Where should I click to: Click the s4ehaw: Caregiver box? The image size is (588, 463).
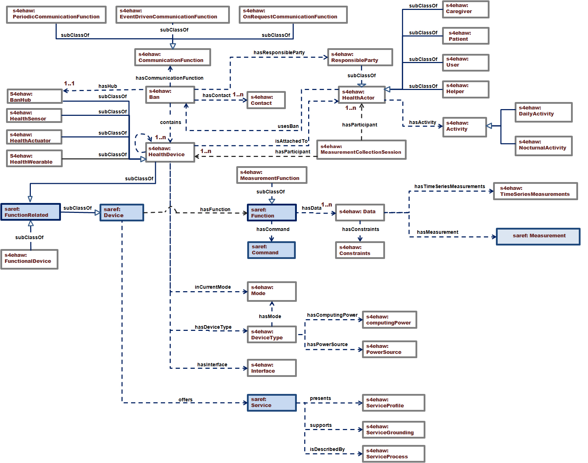pos(465,9)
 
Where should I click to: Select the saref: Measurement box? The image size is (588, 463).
pos(538,236)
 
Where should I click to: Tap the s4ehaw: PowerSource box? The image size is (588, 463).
pos(389,349)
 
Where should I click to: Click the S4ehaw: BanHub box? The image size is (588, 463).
pos(35,96)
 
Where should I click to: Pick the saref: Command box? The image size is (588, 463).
pos(271,250)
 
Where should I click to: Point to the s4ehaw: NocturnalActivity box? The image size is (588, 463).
pos(543,146)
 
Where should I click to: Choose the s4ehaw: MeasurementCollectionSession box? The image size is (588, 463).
pos(361,149)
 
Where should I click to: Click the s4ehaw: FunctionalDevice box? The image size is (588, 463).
pos(29,259)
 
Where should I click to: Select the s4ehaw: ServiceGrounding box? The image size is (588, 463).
pos(393,430)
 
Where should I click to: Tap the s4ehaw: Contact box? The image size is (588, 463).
pos(266,100)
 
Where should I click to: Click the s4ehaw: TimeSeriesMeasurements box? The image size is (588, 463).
pos(535,191)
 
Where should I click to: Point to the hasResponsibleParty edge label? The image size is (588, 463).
pos(279,52)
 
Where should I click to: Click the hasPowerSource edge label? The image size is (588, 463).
pos(327,344)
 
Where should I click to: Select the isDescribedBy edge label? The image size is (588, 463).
pos(327,449)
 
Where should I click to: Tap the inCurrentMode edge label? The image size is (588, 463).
pos(213,287)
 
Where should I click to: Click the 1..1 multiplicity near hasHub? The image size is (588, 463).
pos(69,83)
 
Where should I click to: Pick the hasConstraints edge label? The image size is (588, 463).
pos(361,229)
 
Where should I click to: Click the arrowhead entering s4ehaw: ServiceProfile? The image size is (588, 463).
pos(360,403)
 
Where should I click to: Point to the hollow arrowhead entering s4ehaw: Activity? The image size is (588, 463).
pos(489,126)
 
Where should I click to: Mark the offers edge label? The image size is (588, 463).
pos(186,400)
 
